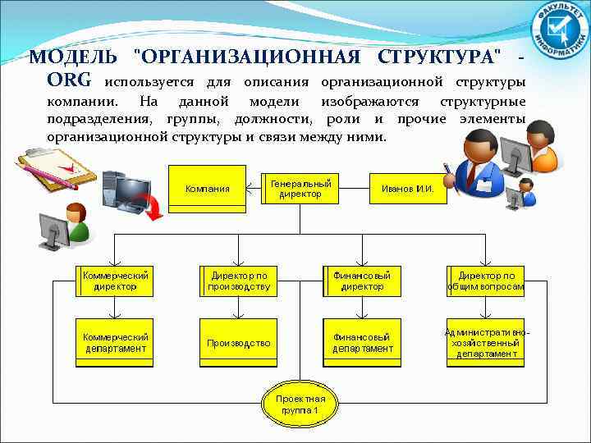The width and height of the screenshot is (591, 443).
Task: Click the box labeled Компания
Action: (207, 189)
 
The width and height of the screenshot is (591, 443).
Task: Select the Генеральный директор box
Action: (300, 189)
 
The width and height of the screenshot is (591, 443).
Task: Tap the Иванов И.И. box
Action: (408, 189)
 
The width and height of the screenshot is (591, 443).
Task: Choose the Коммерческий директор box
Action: (114, 281)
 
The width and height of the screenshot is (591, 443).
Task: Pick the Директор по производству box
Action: (238, 281)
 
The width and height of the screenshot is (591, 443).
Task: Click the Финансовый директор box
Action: (362, 281)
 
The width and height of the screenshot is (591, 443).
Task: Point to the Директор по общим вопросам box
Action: (486, 281)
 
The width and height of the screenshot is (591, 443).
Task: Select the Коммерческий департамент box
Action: (114, 342)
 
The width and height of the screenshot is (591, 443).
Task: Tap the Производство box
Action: (238, 342)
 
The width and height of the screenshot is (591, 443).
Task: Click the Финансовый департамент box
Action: (362, 342)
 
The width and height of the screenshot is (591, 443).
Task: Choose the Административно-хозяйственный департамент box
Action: (486, 342)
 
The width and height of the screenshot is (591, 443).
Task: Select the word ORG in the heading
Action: (69, 81)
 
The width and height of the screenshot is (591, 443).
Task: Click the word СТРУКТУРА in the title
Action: (438, 57)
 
